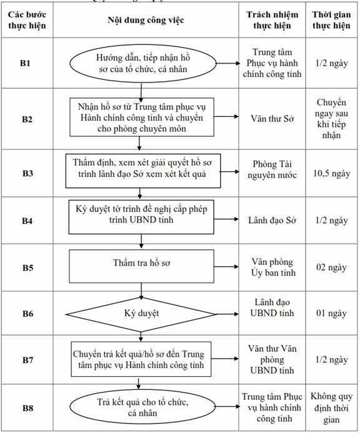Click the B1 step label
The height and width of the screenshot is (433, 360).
tap(25, 63)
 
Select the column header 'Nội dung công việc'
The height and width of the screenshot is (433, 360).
tap(146, 20)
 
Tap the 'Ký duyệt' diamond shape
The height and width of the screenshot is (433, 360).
tap(141, 314)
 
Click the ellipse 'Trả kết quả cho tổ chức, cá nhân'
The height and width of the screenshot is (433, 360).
tap(142, 407)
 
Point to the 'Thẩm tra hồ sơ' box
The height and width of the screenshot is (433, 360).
tap(141, 266)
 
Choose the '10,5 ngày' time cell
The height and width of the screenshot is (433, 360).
tap(331, 174)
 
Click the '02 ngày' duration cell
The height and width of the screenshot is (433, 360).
tap(331, 267)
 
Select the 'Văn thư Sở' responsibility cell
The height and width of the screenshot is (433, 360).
tap(272, 119)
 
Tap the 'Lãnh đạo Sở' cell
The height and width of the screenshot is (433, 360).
tap(272, 221)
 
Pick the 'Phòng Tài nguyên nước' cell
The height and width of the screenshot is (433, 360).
tap(272, 169)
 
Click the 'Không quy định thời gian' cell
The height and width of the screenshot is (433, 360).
tap(331, 408)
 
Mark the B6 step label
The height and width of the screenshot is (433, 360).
tap(27, 314)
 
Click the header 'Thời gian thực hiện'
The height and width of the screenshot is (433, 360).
tap(331, 20)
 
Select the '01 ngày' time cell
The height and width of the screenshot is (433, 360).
tap(331, 314)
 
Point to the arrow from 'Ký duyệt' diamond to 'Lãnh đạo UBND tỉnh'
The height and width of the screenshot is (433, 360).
tap(227, 314)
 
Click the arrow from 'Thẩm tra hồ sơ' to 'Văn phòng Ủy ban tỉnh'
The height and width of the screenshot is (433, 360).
tap(226, 266)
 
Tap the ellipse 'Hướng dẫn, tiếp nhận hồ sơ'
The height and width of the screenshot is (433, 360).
tap(142, 64)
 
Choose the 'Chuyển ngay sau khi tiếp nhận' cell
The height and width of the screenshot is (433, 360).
tap(331, 119)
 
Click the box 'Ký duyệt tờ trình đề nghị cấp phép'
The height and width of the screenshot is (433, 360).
tap(141, 217)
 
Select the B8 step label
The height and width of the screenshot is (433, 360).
tap(27, 408)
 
